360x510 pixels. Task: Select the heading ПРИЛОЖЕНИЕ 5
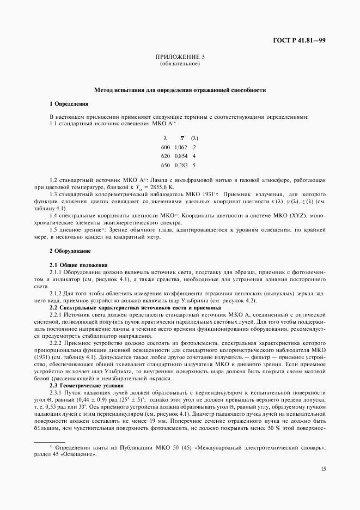tap(180, 57)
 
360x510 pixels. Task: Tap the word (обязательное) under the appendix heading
tap(180, 64)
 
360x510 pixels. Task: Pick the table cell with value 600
tap(165, 147)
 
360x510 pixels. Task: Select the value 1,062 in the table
tap(180, 147)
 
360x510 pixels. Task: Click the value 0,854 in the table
tap(180, 156)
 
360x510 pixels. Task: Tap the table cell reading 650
tap(165, 165)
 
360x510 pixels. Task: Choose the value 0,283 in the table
tap(180, 165)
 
